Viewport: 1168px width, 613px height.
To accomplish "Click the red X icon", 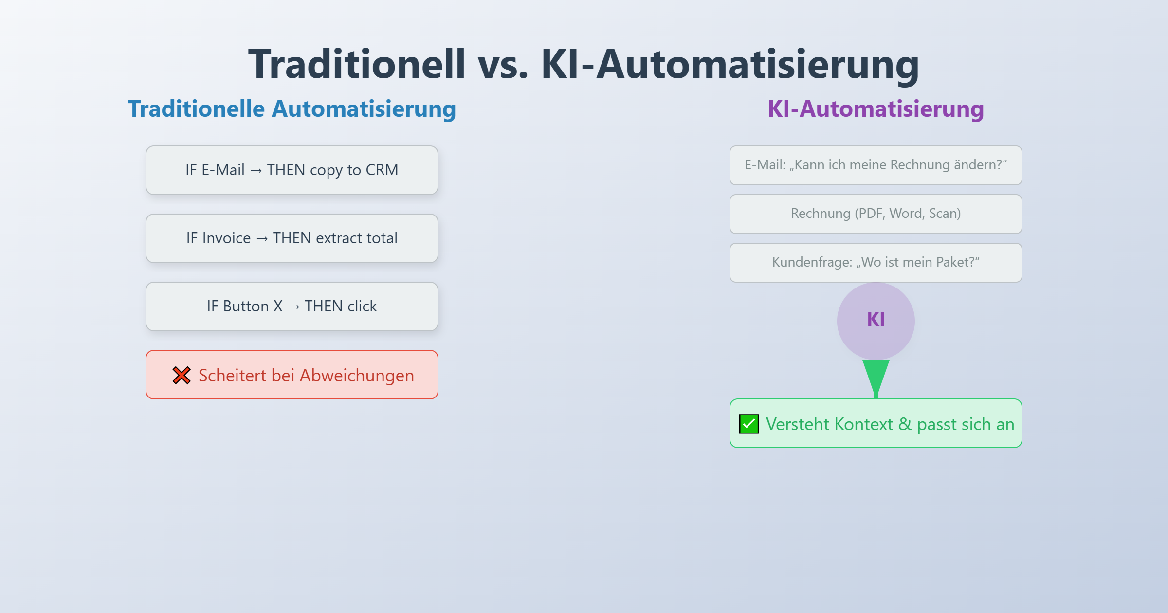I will point(182,375).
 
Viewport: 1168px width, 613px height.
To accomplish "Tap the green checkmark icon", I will point(749,424).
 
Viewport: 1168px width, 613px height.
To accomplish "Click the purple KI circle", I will point(876,321).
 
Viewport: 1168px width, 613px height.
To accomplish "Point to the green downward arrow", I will point(876,377).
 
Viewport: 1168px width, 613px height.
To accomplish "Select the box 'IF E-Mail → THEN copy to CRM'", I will point(292,170).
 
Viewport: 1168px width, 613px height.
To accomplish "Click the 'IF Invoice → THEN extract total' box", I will point(292,238).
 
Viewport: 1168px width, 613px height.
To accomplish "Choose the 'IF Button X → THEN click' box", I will point(292,306).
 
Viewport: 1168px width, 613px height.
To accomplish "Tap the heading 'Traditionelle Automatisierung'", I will point(292,109).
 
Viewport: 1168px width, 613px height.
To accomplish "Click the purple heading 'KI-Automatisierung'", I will point(876,109).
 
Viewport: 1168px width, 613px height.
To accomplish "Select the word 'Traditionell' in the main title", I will point(357,64).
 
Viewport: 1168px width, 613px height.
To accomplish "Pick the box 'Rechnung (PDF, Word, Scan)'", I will point(876,214).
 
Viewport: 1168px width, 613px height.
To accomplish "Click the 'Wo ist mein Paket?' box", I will point(876,263).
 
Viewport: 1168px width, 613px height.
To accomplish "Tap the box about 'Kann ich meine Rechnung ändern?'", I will point(876,165).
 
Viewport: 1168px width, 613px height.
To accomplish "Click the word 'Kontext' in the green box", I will point(863,424).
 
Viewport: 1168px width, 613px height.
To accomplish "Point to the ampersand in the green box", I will point(905,424).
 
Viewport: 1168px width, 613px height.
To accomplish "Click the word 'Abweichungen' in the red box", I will point(357,376).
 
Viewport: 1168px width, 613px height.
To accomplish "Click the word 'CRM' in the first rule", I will point(382,170).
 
